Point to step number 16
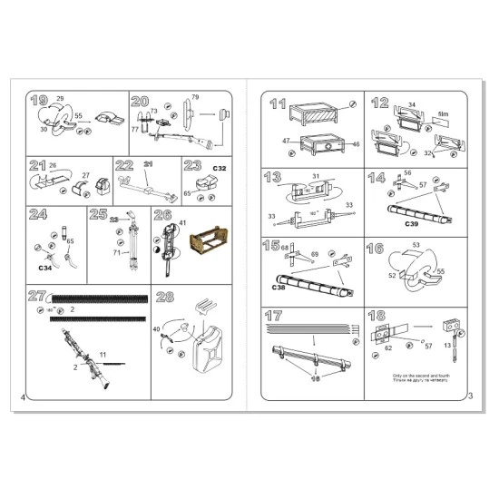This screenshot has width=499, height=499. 380,248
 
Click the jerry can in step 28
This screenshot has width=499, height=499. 207,348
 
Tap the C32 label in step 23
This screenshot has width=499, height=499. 219,170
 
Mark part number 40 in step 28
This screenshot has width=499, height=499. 156,329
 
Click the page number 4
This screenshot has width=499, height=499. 22,396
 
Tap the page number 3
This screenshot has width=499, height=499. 470,396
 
